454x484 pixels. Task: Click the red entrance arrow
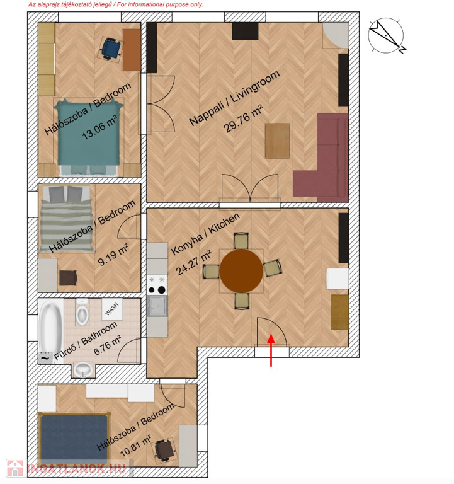pos(271,350)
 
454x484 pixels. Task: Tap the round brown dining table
pos(242,271)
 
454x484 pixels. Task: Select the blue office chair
pos(110,49)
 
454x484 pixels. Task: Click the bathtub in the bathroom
pos(50,327)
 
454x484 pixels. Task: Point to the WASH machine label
pos(111,309)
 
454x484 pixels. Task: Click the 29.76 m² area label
pos(244,119)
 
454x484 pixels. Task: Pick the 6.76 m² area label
pos(108,345)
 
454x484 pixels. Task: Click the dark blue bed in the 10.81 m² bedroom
pos(74,439)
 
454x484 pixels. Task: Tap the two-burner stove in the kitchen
pos(157,285)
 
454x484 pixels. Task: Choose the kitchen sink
pos(157,306)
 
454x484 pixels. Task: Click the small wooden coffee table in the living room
pos(277,141)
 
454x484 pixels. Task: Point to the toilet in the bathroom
pos(82,312)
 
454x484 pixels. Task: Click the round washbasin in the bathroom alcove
pos(84,369)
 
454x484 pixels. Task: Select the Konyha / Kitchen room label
pos(205,234)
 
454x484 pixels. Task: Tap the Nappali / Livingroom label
pos(235,98)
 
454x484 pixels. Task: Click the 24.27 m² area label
pos(193,262)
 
